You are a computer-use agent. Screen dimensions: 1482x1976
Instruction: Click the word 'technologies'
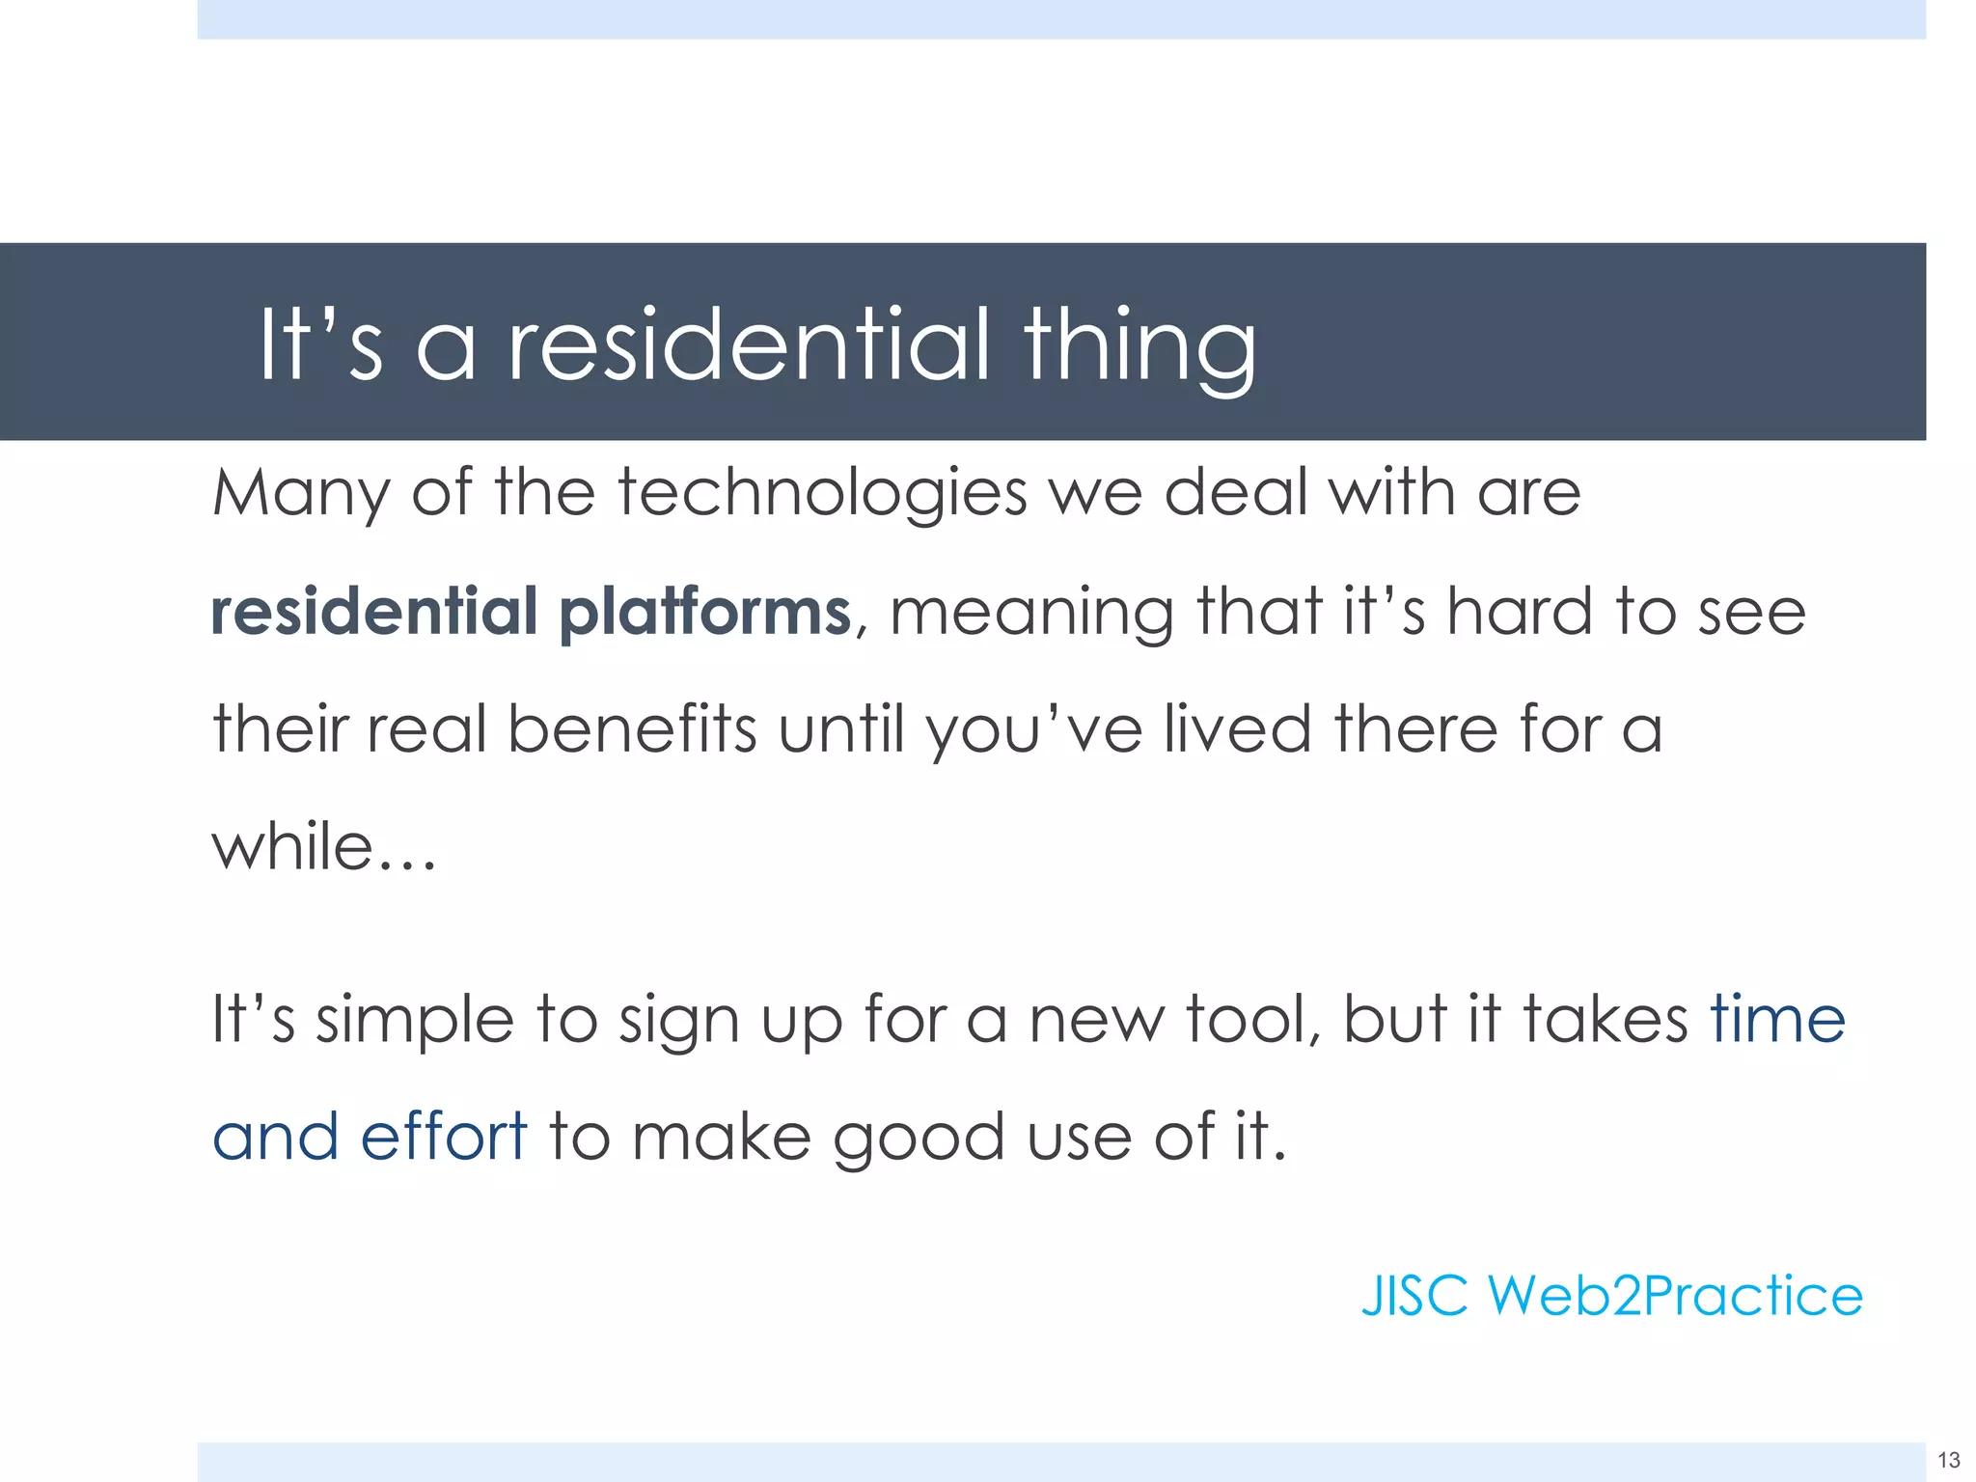click(822, 494)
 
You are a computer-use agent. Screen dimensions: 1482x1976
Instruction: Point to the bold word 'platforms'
click(704, 612)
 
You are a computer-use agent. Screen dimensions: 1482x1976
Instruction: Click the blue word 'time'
click(1777, 1019)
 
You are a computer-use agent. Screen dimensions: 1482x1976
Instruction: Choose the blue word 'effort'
click(444, 1136)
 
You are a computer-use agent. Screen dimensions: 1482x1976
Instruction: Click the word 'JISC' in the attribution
click(1414, 1295)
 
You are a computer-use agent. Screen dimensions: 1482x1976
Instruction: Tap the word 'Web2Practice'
click(1675, 1295)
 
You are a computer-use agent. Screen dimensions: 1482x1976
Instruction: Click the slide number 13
click(1948, 1460)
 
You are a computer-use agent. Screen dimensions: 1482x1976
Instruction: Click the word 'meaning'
click(1030, 614)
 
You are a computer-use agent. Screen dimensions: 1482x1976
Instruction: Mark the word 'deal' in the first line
click(1235, 494)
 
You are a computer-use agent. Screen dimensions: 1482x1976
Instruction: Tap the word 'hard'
click(1519, 612)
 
